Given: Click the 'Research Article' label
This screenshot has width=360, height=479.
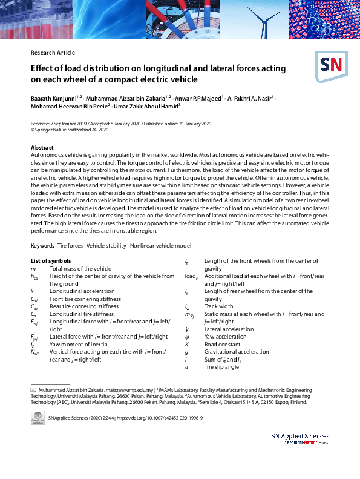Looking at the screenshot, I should pos(53,53).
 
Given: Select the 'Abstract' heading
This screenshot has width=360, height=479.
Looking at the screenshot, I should pos(42,148).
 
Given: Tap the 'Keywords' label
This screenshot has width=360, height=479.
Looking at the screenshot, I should pos(42,246).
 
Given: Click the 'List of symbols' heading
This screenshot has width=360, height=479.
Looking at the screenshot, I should pos(51,261).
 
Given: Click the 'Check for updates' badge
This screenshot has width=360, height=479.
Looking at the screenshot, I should pos(38,418).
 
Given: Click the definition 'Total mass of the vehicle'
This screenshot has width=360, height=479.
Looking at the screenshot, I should pos(80,268).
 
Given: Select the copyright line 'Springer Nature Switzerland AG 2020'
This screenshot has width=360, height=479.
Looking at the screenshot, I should pos(72,130).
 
